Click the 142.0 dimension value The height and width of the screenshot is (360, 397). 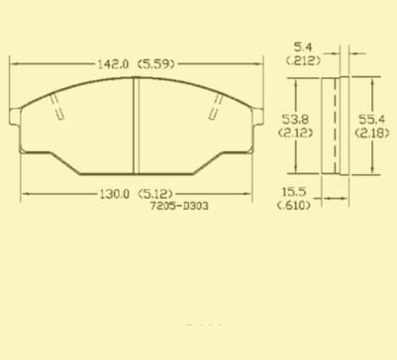point(113,64)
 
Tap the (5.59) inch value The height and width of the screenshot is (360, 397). point(155,64)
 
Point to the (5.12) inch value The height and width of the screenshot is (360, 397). point(155,194)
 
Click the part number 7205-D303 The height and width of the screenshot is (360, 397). point(179,206)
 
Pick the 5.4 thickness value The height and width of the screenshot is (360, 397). point(303,47)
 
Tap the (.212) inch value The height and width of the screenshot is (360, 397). point(303,60)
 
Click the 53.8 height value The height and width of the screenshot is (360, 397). point(295,119)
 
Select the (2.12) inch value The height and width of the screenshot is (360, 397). point(295,133)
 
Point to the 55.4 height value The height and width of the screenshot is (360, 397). point(371,119)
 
